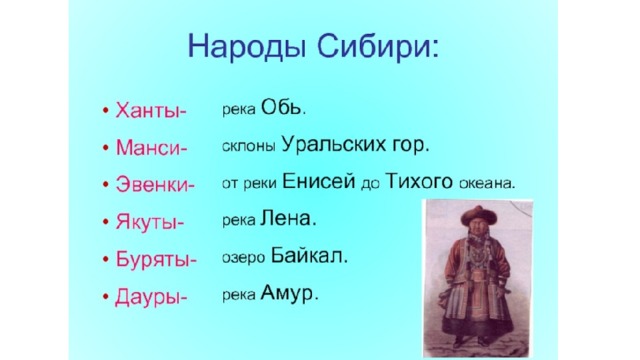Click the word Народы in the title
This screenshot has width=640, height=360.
(x=247, y=47)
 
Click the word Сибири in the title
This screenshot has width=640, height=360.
(x=374, y=46)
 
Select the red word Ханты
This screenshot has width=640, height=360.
(x=148, y=110)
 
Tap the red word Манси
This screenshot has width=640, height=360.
(x=149, y=147)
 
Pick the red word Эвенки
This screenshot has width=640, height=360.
(x=152, y=184)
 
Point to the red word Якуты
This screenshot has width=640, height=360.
(x=147, y=222)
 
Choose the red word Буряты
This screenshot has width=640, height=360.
(x=153, y=260)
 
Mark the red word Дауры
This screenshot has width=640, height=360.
(x=148, y=297)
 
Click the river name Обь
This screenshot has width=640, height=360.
(x=281, y=107)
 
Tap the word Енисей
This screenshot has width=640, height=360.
(x=318, y=181)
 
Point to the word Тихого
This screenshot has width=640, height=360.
(x=419, y=181)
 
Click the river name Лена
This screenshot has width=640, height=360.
(x=285, y=218)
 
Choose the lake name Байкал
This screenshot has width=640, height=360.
(x=306, y=256)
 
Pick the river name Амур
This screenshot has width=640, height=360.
(x=287, y=293)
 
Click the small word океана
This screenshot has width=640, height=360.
(x=485, y=184)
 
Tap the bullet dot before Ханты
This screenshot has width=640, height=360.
(x=106, y=111)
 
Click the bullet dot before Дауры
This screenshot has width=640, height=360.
(x=106, y=297)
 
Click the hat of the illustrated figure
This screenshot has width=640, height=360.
(x=479, y=215)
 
